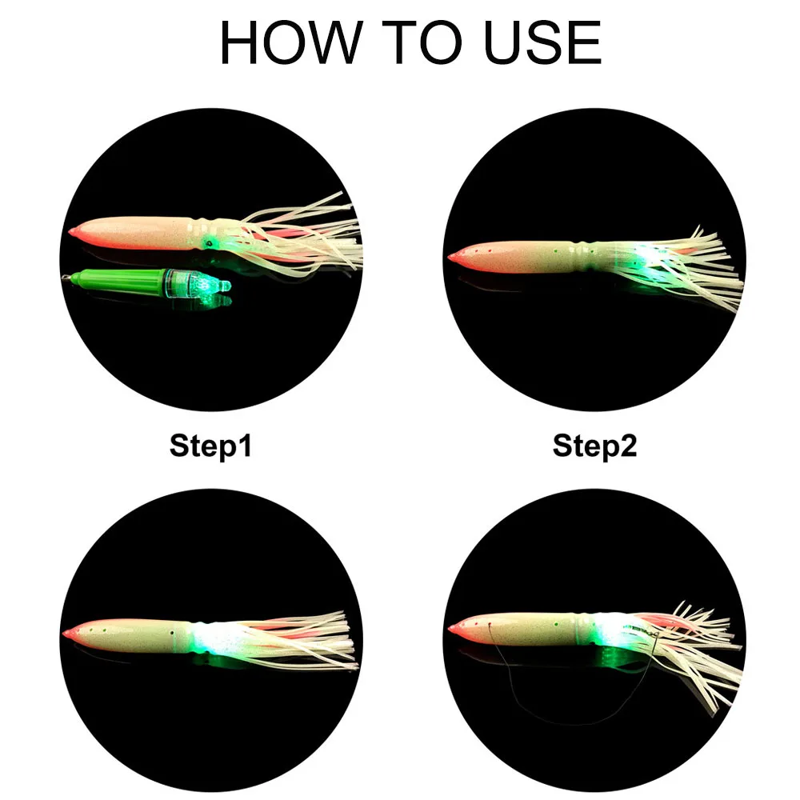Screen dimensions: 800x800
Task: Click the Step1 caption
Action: point(210,446)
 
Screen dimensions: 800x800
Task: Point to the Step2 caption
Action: point(594,446)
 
